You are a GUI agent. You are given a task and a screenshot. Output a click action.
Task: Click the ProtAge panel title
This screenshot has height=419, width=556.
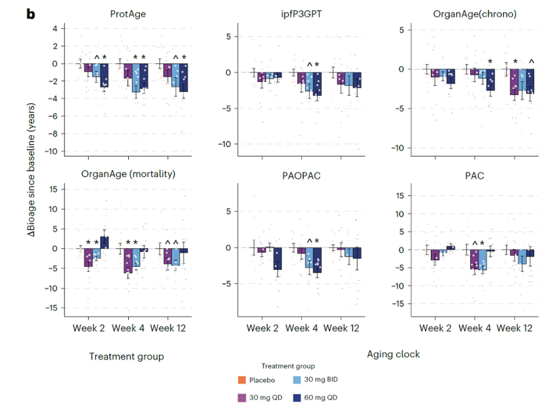128,14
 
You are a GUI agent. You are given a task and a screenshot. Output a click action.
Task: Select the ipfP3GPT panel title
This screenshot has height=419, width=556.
301,14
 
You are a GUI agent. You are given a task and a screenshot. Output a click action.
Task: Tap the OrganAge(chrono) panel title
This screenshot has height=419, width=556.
475,14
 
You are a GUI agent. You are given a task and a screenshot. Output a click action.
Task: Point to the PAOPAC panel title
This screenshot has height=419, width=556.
301,176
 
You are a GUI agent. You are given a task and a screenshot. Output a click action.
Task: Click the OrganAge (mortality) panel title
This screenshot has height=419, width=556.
128,174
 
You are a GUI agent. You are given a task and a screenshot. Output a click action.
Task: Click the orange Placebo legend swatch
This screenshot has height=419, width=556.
242,380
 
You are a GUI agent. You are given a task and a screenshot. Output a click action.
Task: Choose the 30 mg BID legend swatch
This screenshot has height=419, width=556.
297,380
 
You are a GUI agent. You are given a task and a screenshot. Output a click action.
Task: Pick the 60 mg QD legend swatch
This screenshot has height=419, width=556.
297,398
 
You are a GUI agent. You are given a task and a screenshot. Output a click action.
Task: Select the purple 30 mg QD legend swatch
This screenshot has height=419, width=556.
242,398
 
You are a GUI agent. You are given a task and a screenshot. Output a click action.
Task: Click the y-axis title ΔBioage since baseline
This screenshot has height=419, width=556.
31,170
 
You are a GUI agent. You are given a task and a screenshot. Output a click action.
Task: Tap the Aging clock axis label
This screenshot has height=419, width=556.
393,354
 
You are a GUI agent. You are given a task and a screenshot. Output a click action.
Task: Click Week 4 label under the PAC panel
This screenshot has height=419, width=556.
475,328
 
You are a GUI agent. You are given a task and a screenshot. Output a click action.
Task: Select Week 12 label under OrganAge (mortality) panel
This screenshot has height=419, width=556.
168,328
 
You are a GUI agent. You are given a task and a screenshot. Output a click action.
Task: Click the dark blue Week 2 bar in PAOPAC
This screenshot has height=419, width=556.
277,258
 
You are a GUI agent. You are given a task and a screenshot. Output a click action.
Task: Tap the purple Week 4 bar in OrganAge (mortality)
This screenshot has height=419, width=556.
128,261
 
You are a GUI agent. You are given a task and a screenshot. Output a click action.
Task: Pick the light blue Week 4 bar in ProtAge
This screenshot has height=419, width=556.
136,78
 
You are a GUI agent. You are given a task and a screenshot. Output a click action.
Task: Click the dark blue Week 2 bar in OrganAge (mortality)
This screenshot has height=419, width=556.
104,243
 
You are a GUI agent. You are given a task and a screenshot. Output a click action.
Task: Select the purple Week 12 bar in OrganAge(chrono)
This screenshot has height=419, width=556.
514,82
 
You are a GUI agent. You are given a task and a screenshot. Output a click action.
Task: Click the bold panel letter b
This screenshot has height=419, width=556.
31,14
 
